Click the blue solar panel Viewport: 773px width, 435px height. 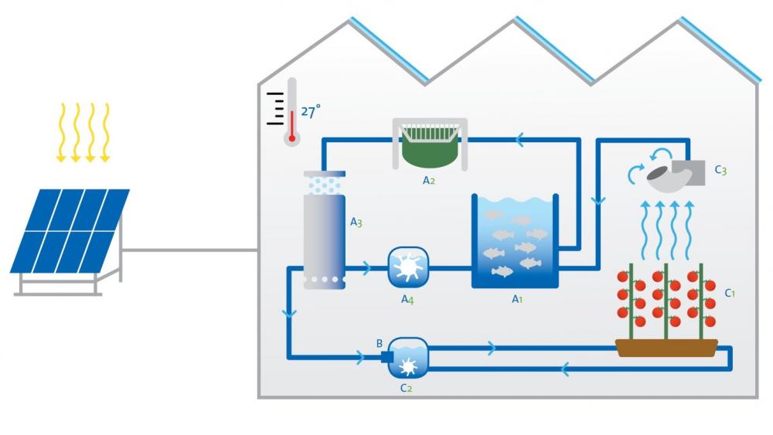click(x=70, y=230)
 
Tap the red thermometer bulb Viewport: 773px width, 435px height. click(x=291, y=139)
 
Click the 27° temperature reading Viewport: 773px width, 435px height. click(x=311, y=112)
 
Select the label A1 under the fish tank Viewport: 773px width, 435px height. click(x=518, y=300)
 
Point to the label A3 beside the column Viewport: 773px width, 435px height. click(x=356, y=223)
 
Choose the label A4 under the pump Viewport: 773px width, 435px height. click(x=407, y=300)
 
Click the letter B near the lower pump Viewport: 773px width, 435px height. click(x=379, y=343)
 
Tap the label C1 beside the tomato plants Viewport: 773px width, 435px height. click(x=730, y=294)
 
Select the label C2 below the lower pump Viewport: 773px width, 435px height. click(x=406, y=388)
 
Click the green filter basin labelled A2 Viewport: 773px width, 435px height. click(x=431, y=147)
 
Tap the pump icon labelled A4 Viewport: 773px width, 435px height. click(x=407, y=268)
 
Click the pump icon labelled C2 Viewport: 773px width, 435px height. click(x=407, y=358)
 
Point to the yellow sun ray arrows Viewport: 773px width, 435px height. click(x=83, y=131)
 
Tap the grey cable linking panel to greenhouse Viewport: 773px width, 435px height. click(x=189, y=250)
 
